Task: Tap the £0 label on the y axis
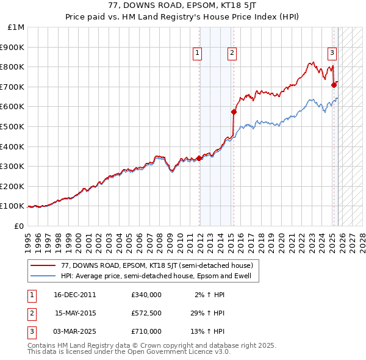point(18,226)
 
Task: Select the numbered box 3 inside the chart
point(332,53)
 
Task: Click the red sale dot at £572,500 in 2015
point(234,112)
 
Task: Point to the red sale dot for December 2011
point(199,158)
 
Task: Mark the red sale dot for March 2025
point(334,85)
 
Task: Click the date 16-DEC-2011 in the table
point(75,295)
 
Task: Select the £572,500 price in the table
point(146,313)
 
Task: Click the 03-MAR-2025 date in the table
point(75,331)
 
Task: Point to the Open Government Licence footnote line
point(129,352)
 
